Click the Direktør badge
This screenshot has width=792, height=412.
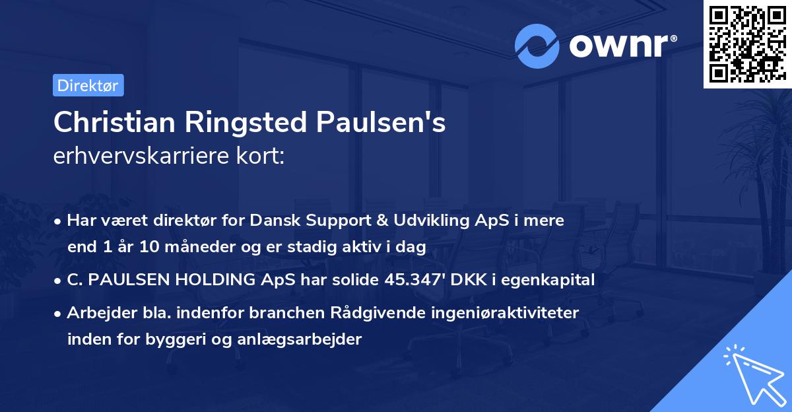click(88, 85)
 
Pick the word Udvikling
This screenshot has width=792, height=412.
click(414, 221)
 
